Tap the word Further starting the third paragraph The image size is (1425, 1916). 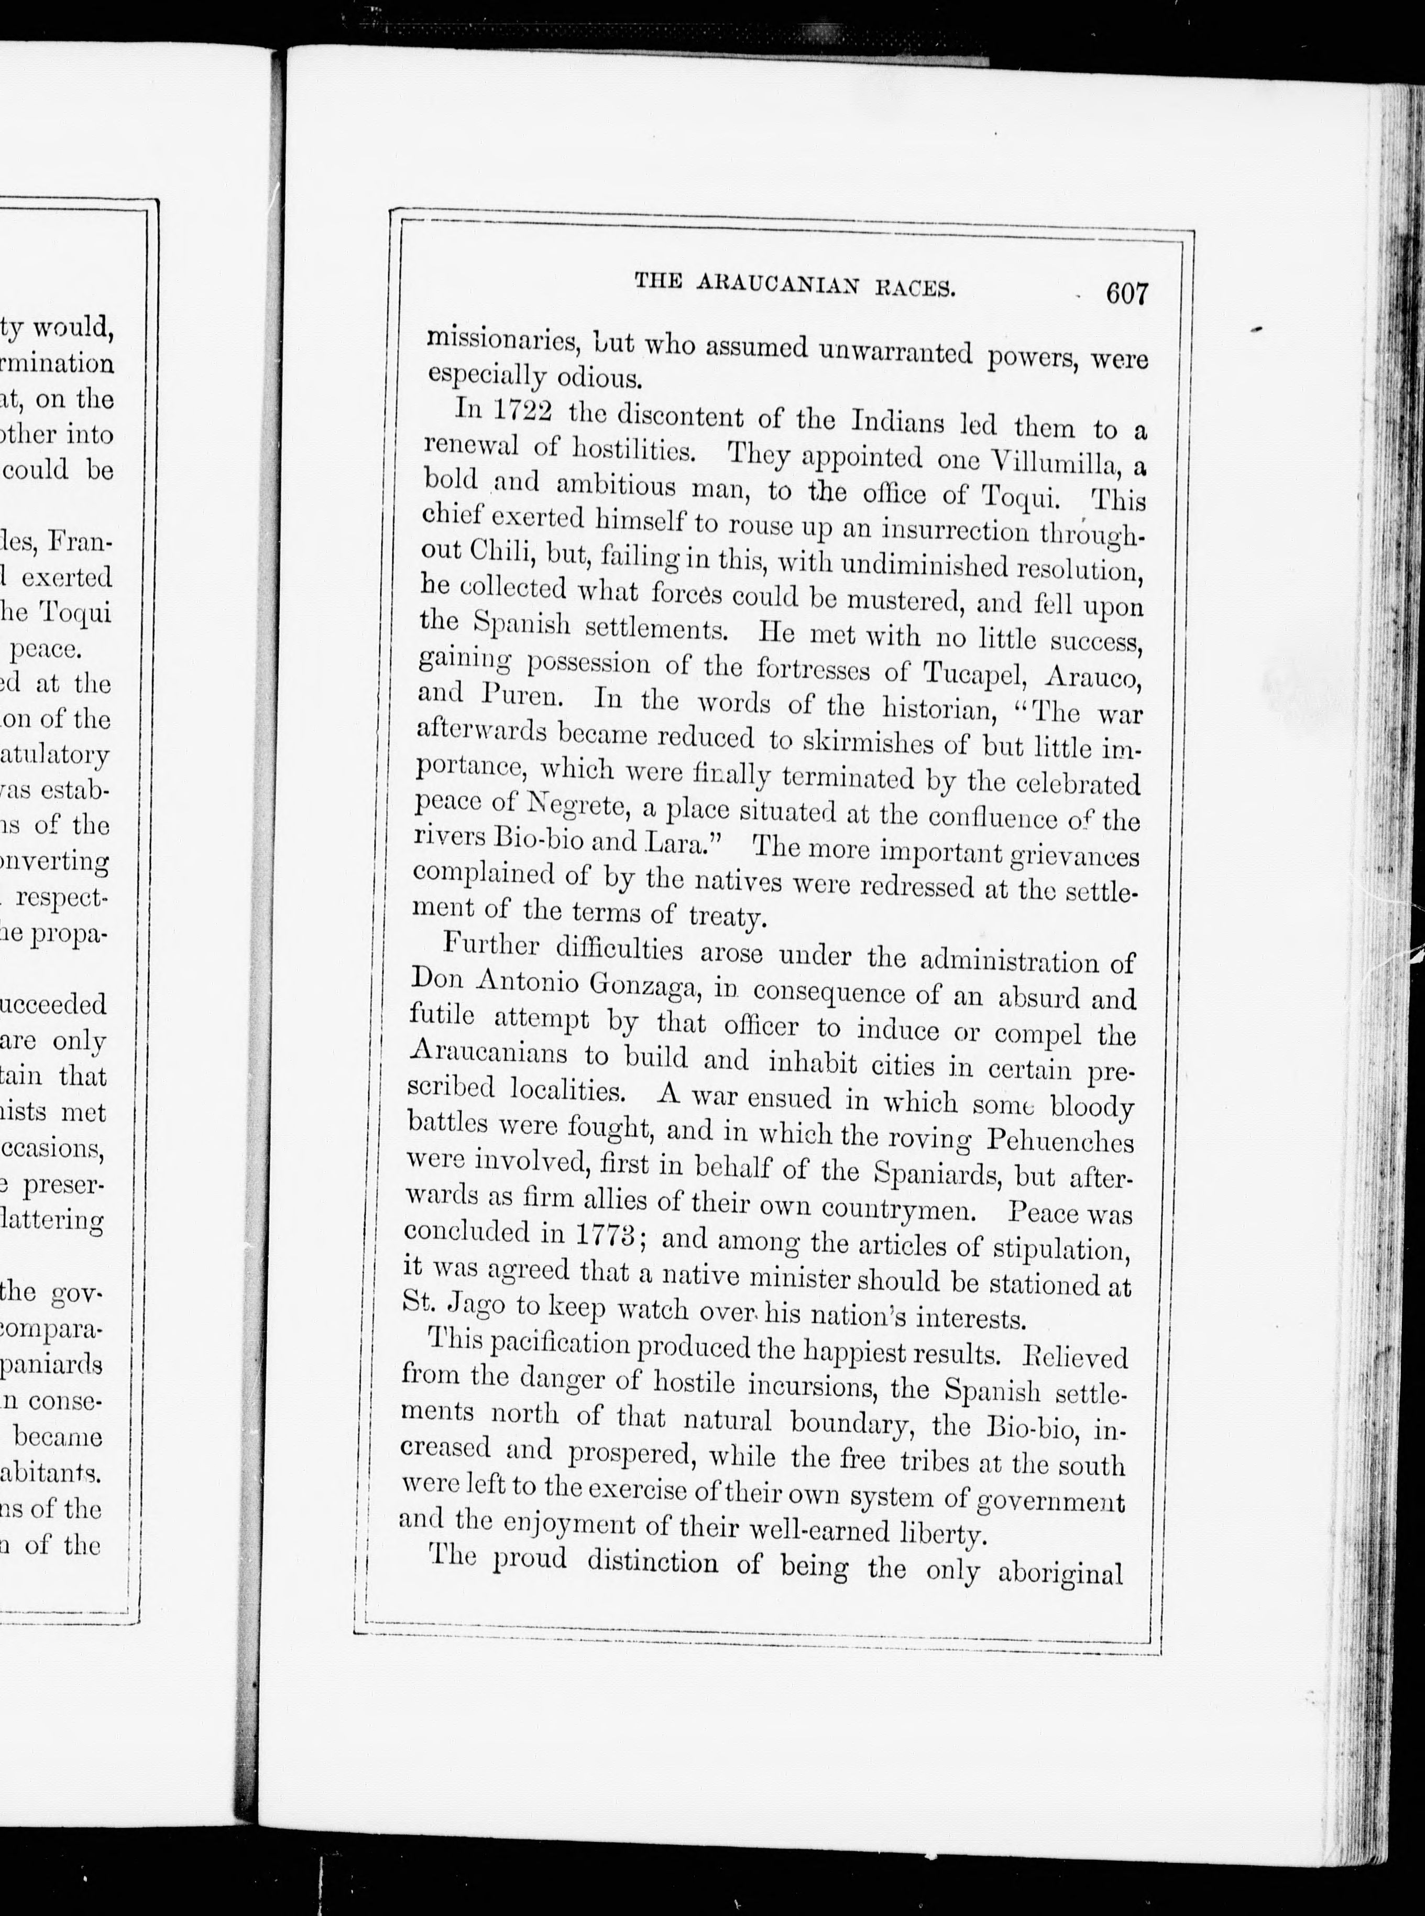(x=491, y=946)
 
